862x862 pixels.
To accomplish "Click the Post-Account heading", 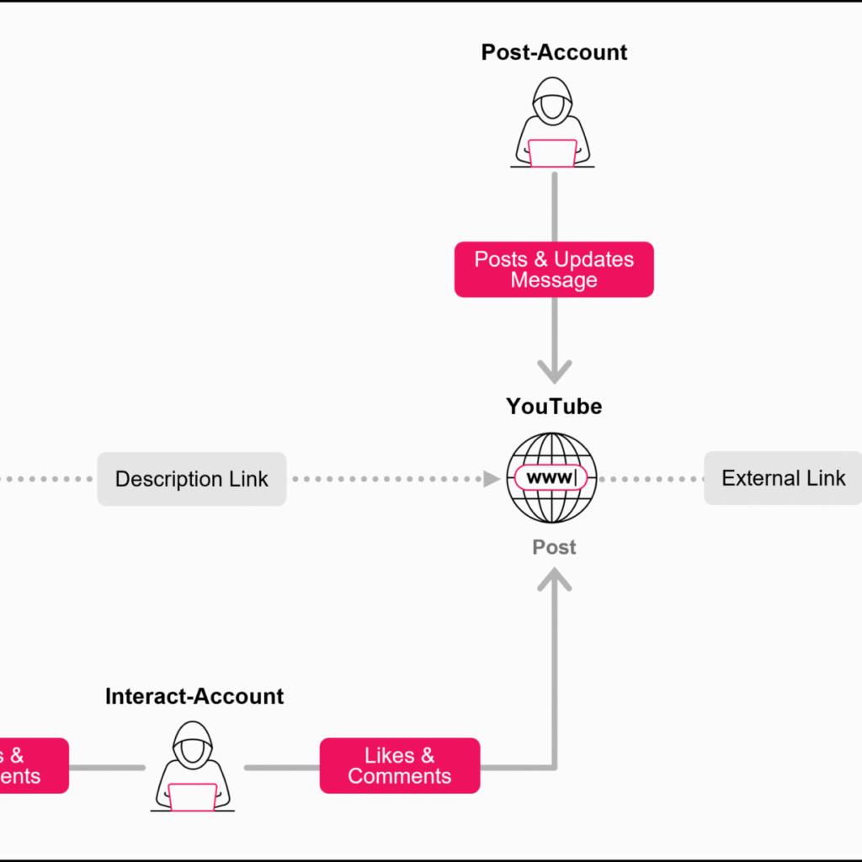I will click(x=554, y=52).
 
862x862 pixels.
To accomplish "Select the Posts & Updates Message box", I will click(x=554, y=269).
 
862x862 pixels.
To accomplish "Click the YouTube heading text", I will click(x=554, y=407).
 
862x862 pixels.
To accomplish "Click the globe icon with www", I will click(x=551, y=478).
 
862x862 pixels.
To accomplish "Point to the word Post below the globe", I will click(x=554, y=547).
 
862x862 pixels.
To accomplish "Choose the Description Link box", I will click(x=192, y=479).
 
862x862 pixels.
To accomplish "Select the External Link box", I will click(x=783, y=478).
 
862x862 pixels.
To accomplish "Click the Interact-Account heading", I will click(x=194, y=696).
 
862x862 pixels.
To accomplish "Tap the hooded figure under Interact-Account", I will click(x=193, y=766).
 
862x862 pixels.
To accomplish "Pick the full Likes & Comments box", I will click(x=400, y=766).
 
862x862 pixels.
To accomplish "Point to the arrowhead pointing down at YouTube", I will click(x=554, y=370).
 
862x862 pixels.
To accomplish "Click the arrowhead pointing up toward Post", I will click(x=554, y=579).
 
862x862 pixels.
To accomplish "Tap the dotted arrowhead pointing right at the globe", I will click(x=492, y=479).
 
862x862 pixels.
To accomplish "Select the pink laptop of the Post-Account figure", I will click(x=552, y=153).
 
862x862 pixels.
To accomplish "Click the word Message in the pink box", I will click(x=554, y=280).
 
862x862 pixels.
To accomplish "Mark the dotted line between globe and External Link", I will click(x=651, y=479).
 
